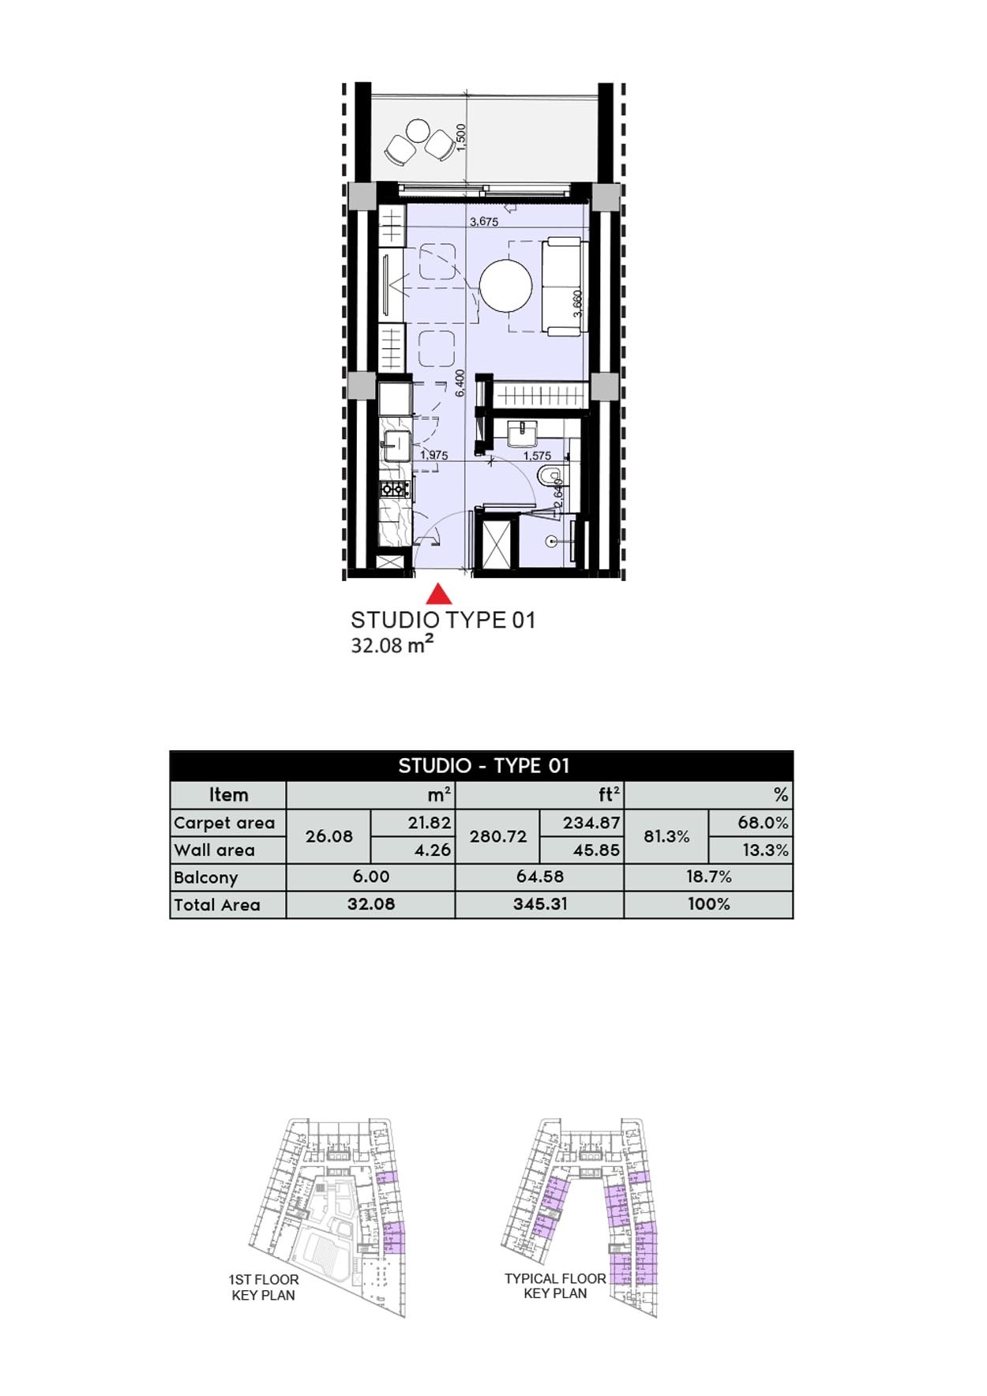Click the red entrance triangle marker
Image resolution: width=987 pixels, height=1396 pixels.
(x=439, y=595)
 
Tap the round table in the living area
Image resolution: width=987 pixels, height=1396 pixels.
(x=506, y=286)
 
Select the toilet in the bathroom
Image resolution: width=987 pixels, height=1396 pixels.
(x=547, y=476)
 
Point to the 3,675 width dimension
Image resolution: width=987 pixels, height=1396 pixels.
(x=484, y=222)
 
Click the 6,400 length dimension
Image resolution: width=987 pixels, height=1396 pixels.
(x=460, y=383)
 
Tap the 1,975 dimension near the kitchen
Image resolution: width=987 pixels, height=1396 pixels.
(x=434, y=456)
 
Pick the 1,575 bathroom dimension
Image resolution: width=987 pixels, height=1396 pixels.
(x=537, y=456)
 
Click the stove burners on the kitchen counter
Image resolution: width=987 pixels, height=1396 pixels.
(x=393, y=489)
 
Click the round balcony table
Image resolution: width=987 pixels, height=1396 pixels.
(x=418, y=129)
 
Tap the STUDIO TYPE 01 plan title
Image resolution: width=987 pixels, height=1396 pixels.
(x=443, y=621)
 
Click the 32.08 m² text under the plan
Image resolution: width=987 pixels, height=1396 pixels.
(x=392, y=645)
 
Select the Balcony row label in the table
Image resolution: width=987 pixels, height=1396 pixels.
(x=206, y=877)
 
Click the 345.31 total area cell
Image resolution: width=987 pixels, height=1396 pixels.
(x=540, y=904)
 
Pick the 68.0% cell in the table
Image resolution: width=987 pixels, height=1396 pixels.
(x=763, y=823)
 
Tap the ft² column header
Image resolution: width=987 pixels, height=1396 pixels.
(x=608, y=794)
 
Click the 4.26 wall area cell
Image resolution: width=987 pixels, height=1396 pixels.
(x=432, y=850)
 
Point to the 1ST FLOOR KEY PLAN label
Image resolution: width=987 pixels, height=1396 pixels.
(x=264, y=1287)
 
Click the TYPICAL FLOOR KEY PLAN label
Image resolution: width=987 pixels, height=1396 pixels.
(x=555, y=1285)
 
